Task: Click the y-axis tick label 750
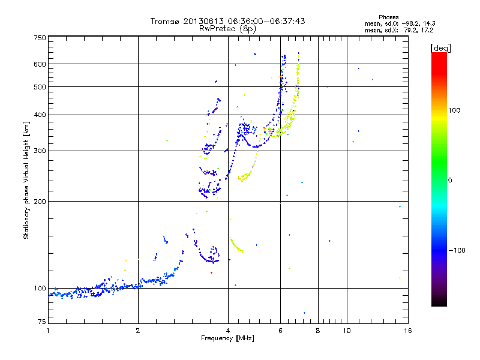click(x=40, y=37)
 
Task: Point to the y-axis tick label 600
click(x=40, y=64)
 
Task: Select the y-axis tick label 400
click(x=40, y=115)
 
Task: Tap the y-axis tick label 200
click(x=40, y=201)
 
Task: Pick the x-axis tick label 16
click(x=407, y=331)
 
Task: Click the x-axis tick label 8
click(x=318, y=331)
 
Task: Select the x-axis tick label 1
click(x=48, y=331)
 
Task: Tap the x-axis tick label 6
click(x=280, y=331)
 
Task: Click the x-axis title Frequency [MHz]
click(x=228, y=338)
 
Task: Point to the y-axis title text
click(x=26, y=180)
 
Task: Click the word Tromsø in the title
click(x=166, y=21)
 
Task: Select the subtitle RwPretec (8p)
click(x=227, y=28)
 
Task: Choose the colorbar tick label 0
click(x=451, y=180)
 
